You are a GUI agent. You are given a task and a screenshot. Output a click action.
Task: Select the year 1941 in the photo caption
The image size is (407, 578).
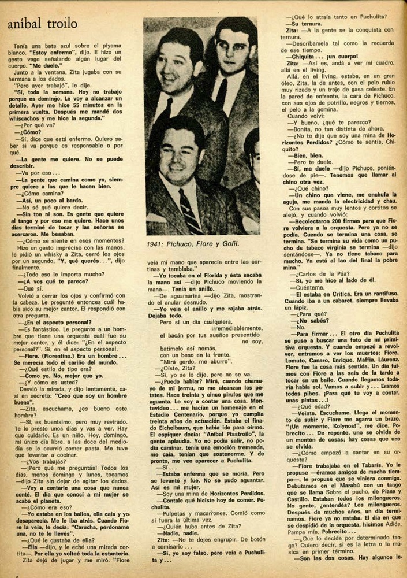[x=158, y=244]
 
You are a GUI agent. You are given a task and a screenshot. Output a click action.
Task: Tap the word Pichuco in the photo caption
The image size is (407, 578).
[x=184, y=244]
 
